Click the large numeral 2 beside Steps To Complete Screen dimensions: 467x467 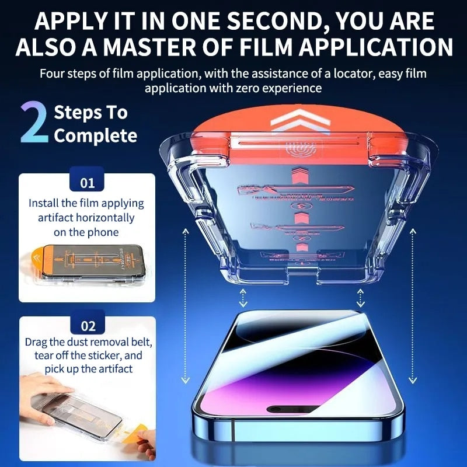pyautogui.click(x=34, y=123)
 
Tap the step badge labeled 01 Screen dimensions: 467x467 pyautogui.click(x=87, y=183)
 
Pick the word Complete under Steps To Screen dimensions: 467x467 pyautogui.click(x=95, y=136)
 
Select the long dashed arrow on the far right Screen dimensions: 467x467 pyautogui.click(x=413, y=304)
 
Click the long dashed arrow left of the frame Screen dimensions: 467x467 pyautogui.click(x=186, y=304)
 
